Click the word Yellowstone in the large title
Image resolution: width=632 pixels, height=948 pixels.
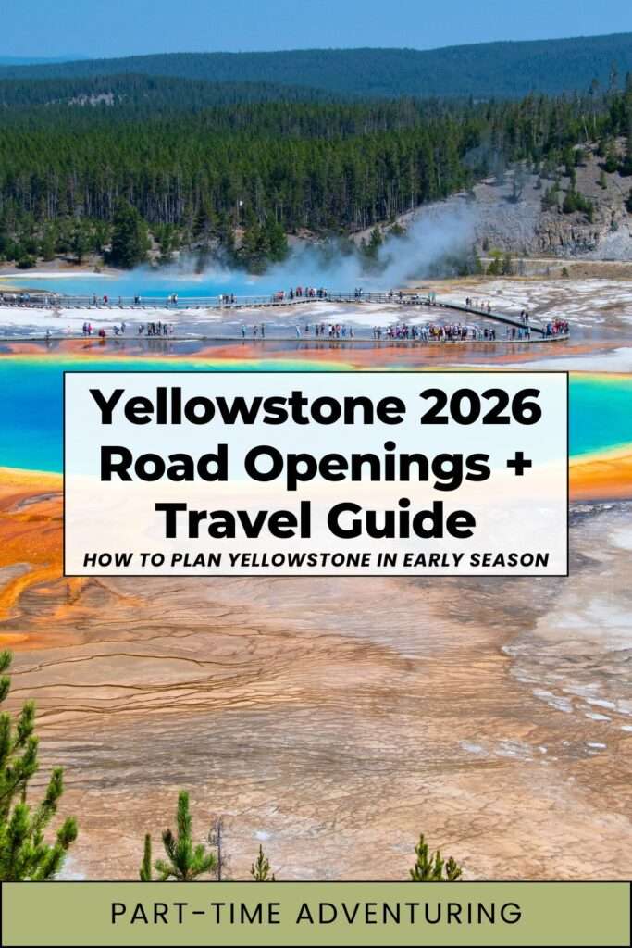pyautogui.click(x=247, y=407)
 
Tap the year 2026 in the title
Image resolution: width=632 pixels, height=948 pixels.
pyautogui.click(x=480, y=407)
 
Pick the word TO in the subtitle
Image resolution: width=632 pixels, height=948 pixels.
pyautogui.click(x=141, y=560)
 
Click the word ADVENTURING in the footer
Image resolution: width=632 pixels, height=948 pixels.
pyautogui.click(x=409, y=914)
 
